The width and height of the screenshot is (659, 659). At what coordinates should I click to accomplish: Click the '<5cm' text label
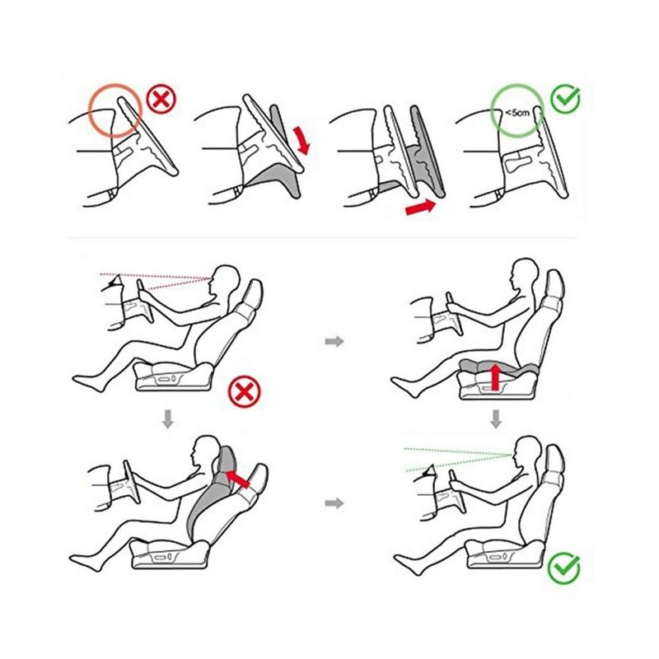click(x=517, y=113)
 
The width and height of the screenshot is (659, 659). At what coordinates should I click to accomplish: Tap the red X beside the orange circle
click(x=161, y=100)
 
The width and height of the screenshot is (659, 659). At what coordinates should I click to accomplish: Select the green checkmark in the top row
click(x=566, y=99)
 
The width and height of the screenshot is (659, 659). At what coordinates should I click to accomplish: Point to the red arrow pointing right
click(x=421, y=208)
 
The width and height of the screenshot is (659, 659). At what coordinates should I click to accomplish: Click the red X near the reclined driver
click(x=244, y=392)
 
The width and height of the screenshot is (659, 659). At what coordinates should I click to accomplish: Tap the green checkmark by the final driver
click(x=564, y=568)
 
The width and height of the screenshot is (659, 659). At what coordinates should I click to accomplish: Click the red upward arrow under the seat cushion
click(x=496, y=377)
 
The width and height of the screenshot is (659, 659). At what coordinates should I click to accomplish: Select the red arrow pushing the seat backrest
click(x=237, y=479)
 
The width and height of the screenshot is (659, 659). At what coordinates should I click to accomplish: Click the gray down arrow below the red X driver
click(x=168, y=419)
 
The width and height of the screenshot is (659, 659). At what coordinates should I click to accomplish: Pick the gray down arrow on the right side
click(x=496, y=419)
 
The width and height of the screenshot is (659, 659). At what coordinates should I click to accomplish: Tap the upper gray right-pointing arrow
click(x=334, y=341)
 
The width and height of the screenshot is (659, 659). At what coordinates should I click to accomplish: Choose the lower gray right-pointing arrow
click(x=334, y=502)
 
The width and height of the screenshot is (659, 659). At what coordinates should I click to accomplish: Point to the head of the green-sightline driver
click(x=527, y=451)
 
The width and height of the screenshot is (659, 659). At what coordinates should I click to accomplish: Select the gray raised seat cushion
click(x=498, y=367)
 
